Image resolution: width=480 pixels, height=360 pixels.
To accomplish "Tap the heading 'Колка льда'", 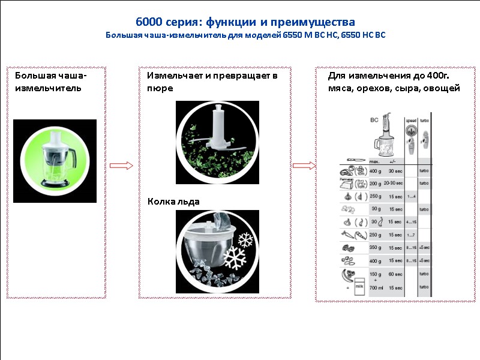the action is pyautogui.click(x=173, y=202).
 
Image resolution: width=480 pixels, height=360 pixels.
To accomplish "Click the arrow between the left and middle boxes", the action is pyautogui.click(x=122, y=166).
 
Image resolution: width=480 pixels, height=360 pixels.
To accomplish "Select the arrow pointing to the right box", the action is pyautogui.click(x=304, y=166).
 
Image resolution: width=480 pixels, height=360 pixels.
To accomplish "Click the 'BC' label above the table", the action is pyautogui.click(x=376, y=119).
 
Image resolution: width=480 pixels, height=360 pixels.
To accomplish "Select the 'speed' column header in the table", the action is pyautogui.click(x=411, y=120).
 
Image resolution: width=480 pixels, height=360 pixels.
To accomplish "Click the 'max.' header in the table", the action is pyautogui.click(x=374, y=161).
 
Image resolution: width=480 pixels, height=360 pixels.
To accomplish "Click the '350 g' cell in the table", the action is pyautogui.click(x=376, y=247).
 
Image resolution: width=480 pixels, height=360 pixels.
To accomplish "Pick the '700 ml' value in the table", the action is pyautogui.click(x=376, y=289).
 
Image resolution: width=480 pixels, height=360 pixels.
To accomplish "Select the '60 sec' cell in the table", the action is pyautogui.click(x=395, y=274).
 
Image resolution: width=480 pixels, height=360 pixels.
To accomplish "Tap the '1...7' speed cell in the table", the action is pyautogui.click(x=412, y=235).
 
